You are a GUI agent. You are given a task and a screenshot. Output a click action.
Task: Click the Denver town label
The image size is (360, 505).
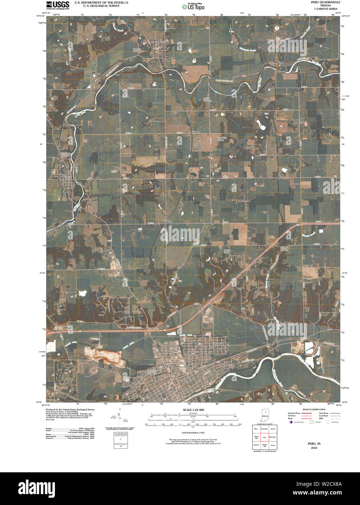pos(161,42)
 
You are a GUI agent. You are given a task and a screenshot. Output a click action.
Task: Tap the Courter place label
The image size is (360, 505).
pos(196,132)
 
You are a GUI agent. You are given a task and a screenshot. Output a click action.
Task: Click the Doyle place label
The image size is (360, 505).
pos(169,221)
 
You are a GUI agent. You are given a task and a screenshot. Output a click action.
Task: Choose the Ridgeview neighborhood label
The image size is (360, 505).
pos(168,365)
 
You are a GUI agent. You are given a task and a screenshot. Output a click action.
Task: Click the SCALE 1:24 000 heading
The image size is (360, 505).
pos(193,409)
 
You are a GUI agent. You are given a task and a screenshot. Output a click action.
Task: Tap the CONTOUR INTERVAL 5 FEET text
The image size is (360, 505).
pos(193,433)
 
